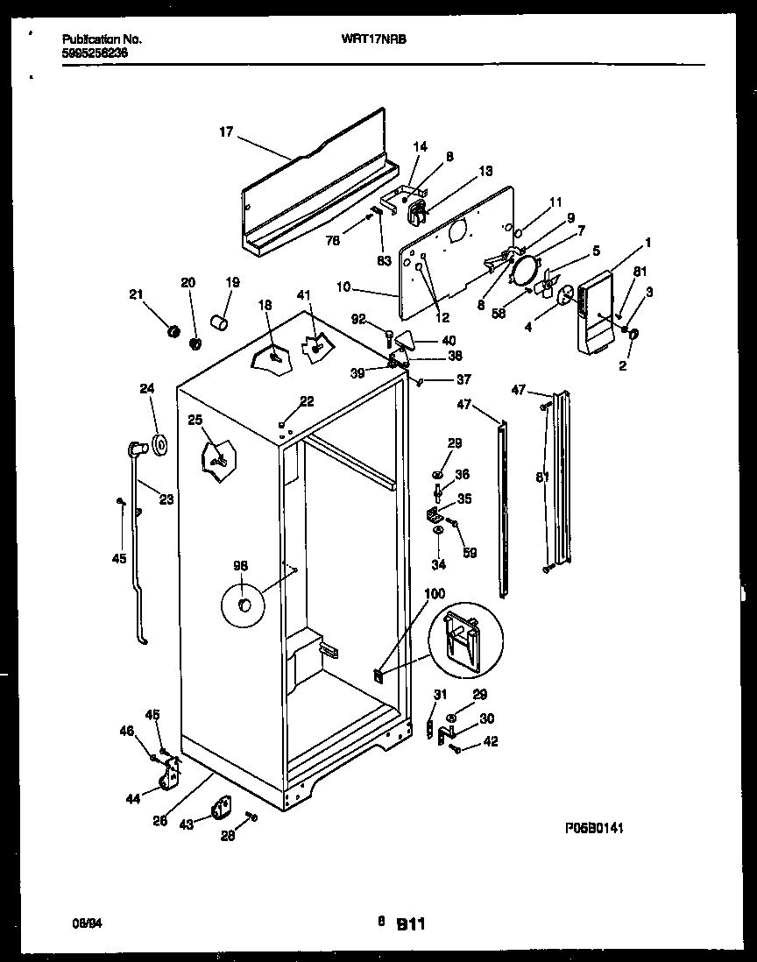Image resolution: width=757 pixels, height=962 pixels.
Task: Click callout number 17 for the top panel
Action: coord(226,132)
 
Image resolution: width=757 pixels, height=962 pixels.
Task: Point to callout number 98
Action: coord(240,565)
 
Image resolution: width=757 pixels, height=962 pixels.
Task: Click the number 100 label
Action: coord(435,594)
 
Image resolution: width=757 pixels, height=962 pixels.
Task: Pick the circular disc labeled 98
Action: coord(244,605)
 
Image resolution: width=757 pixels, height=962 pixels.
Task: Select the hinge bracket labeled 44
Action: coord(171,775)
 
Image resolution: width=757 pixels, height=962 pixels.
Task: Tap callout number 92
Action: coord(359,319)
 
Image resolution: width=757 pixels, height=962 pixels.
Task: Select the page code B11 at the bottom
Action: coord(411,923)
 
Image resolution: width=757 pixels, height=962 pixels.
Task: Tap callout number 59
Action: coord(470,552)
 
